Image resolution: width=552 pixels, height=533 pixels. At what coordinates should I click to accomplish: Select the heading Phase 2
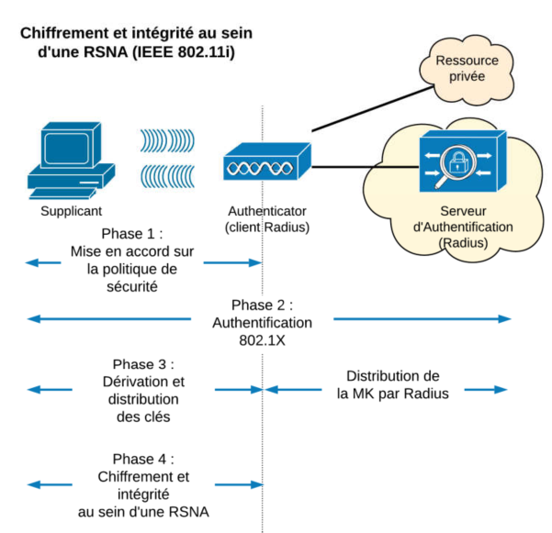tap(262, 305)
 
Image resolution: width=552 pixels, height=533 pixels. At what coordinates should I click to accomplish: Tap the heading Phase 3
tap(142, 363)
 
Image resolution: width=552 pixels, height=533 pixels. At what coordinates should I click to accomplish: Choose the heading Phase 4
tap(142, 459)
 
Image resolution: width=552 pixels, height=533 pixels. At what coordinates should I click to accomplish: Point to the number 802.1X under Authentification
tap(262, 339)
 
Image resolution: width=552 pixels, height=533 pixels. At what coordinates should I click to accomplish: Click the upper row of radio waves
tap(170, 139)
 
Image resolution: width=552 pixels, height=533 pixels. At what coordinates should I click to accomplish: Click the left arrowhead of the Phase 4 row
tap(33, 483)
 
